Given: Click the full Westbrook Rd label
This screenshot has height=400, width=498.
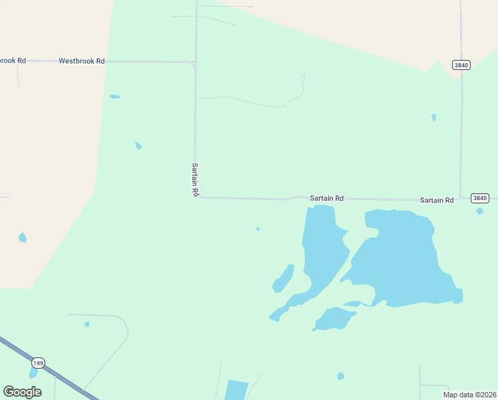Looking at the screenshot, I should coord(81,61).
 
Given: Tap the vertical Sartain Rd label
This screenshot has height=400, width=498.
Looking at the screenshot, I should coord(195,179).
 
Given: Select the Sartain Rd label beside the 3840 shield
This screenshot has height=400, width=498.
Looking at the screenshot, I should coord(436,200).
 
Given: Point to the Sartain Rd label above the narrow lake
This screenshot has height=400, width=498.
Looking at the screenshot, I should coord(326,198).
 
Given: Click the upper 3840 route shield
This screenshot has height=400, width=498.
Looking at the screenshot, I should coord(461,65).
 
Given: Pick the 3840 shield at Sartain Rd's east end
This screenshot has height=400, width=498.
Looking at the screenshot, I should coord(479,198).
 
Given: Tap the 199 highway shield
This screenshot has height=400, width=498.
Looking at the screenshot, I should coord(38,363).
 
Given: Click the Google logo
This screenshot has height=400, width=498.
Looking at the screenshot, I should coord(22,391).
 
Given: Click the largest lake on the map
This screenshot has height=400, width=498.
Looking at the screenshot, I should coord(399,257).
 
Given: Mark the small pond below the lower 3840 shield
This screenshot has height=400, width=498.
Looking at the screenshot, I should coord(480,211).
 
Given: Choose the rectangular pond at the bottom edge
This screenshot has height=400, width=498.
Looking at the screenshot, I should coord(236,390).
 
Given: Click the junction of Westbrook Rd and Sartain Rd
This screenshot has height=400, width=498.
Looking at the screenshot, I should coord(194,63).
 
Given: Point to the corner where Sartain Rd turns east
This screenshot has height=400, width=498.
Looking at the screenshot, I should coord(196,197).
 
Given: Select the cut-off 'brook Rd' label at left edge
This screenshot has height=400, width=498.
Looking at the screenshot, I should coord(13,61).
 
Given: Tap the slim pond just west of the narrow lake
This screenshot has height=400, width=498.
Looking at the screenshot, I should coord(283,279).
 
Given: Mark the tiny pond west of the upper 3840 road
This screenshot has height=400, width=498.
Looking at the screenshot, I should coord(433,117).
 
